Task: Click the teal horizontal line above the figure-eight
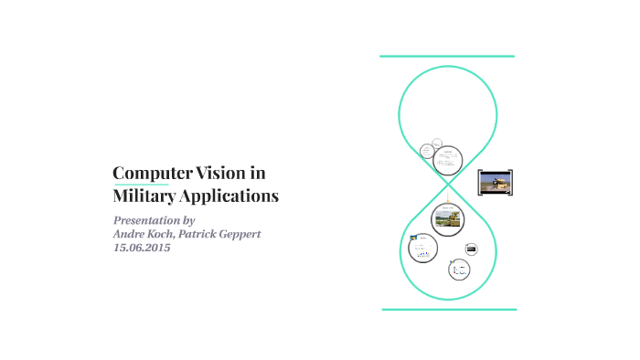(447, 57)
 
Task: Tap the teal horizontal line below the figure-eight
(449, 309)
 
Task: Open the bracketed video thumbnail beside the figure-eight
(496, 182)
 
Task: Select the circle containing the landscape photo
(448, 219)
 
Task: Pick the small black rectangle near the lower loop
(471, 249)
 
